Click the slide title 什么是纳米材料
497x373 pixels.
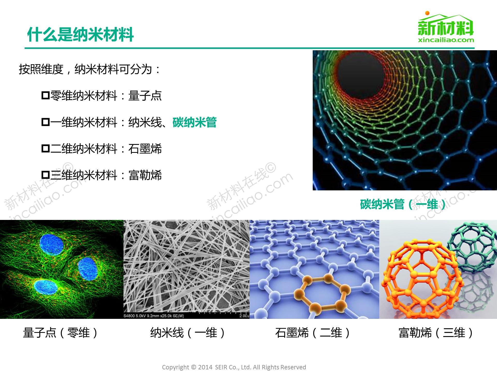pos(80,35)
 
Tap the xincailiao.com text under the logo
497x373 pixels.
pos(446,40)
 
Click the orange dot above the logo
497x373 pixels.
pos(427,13)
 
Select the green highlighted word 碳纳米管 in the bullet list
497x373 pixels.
pos(194,122)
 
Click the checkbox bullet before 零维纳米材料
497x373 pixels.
pos(45,95)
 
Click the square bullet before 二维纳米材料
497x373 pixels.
pos(45,149)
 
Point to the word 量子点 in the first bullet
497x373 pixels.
pos(145,96)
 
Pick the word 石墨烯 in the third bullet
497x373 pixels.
pos(145,149)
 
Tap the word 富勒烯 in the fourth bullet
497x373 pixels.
pos(145,175)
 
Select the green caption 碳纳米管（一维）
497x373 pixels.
pos(403,204)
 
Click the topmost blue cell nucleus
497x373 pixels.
pos(52,245)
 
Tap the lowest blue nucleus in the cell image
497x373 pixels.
pos(45,287)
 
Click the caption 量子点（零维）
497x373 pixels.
pos(60,333)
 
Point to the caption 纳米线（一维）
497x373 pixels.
pos(188,333)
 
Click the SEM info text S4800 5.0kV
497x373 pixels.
pos(154,316)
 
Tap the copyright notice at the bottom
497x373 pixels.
pos(234,367)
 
